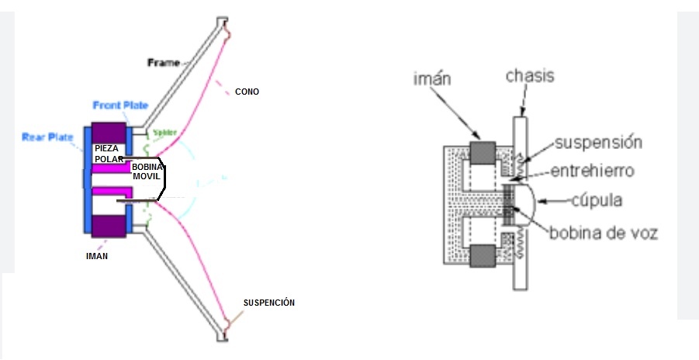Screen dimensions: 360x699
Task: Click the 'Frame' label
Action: pyautogui.click(x=164, y=62)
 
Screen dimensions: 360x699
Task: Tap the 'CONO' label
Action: pyautogui.click(x=247, y=92)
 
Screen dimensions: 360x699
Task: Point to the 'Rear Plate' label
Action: pyautogui.click(x=47, y=137)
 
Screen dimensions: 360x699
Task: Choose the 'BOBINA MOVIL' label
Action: pyautogui.click(x=146, y=171)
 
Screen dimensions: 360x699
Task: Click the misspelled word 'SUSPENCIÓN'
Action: pyautogui.click(x=269, y=302)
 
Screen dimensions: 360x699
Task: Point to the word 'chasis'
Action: pyautogui.click(x=530, y=76)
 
